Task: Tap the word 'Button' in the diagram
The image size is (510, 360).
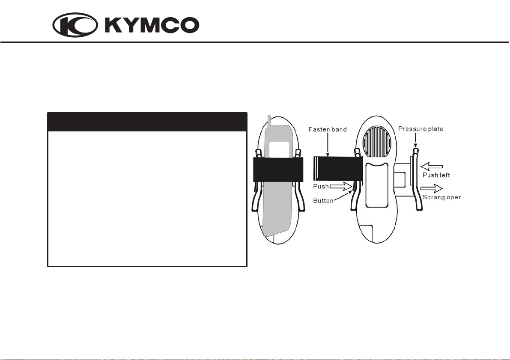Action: (324, 200)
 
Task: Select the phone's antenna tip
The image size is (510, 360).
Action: (269, 118)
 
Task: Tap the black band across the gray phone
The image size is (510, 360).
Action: (278, 170)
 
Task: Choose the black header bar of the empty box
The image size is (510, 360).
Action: (147, 122)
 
